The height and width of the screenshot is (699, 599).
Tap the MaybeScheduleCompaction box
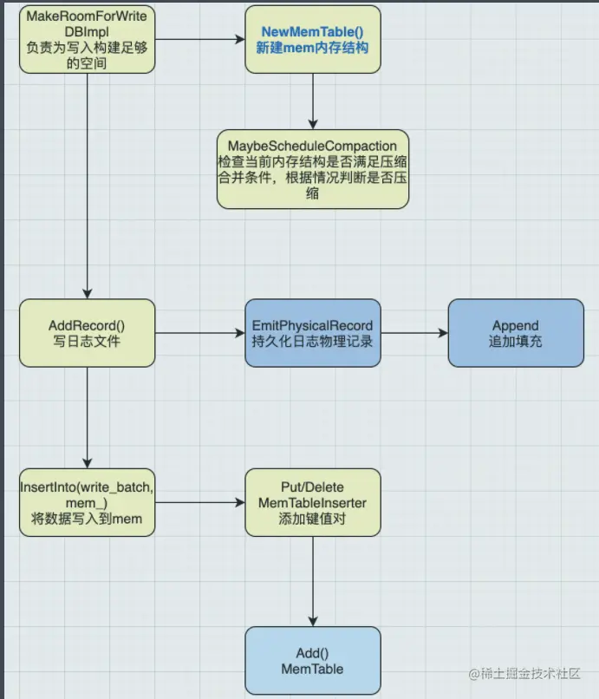pyautogui.click(x=312, y=169)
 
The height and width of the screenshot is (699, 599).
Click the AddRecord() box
pyautogui.click(x=87, y=333)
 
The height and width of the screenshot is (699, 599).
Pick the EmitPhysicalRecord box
pyautogui.click(x=312, y=333)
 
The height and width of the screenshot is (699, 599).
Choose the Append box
pyautogui.click(x=515, y=333)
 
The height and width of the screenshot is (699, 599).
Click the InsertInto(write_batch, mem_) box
pyautogui.click(x=87, y=501)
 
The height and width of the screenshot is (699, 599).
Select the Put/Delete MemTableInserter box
pyautogui.click(x=312, y=501)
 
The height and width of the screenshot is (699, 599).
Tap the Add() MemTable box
pyautogui.click(x=312, y=661)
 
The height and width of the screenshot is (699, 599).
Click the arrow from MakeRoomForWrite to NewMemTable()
pyautogui.click(x=199, y=39)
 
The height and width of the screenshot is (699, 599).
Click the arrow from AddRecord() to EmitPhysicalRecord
pyautogui.click(x=199, y=333)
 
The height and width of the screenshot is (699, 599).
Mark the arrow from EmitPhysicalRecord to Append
pyautogui.click(x=414, y=333)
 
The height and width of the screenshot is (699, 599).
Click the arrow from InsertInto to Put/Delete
pyautogui.click(x=199, y=501)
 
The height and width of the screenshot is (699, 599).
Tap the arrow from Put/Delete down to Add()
pyautogui.click(x=312, y=581)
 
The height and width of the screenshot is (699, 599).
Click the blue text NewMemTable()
pyautogui.click(x=312, y=31)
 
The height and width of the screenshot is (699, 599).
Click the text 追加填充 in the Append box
pyautogui.click(x=515, y=341)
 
